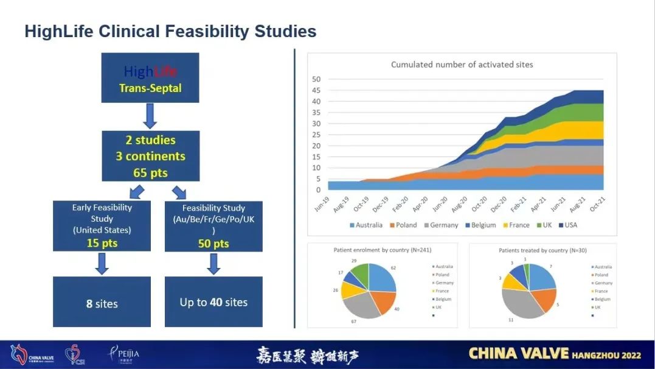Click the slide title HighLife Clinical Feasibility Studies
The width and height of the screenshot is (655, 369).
pos(170,32)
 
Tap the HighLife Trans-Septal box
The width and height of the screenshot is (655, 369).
pos(150,77)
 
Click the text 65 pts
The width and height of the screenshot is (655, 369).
pos(150,172)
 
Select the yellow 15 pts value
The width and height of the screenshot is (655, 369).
pos(102,243)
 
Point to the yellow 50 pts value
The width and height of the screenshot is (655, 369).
pos(213,244)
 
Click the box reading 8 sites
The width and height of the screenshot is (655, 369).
pos(102,303)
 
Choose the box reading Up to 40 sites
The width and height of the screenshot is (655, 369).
pos(213,302)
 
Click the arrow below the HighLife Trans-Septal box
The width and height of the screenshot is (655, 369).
pos(150,116)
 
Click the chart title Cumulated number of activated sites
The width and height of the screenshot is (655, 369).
pos(462,65)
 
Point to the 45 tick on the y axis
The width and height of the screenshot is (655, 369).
pos(316,90)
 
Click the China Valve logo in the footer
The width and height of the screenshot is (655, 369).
pos(30,355)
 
